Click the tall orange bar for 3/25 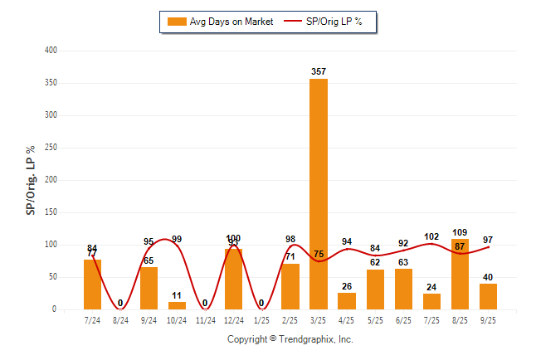(319, 194)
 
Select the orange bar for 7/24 (93, 285)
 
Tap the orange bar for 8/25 (460, 275)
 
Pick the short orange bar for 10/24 (178, 305)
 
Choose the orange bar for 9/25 (488, 296)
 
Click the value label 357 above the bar (319, 72)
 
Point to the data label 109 (460, 232)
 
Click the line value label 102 (431, 236)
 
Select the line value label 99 (177, 240)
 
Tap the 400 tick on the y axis (51, 51)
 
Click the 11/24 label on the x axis (206, 319)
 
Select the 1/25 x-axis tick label (262, 319)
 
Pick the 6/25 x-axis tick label (403, 319)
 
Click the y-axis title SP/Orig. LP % (31, 180)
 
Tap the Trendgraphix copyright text (290, 339)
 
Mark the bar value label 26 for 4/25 (347, 287)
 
